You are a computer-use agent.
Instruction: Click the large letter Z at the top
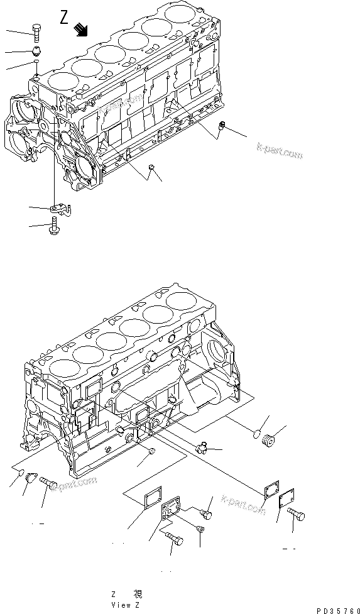65,18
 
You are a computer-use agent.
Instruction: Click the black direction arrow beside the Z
81,28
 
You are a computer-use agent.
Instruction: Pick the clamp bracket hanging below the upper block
59,207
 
